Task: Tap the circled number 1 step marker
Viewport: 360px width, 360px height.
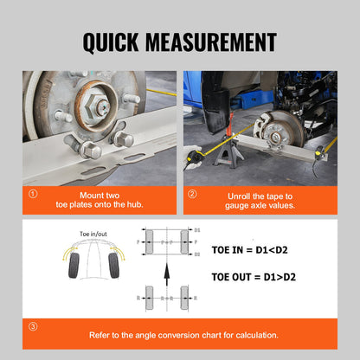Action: (x=32, y=195)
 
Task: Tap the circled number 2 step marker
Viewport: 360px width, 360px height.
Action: (x=192, y=195)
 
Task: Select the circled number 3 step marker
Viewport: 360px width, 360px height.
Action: (x=32, y=326)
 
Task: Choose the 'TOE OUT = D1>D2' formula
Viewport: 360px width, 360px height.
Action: (x=260, y=279)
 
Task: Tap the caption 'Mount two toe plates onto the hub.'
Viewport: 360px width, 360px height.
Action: (x=106, y=200)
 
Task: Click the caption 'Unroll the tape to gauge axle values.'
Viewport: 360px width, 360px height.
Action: (x=266, y=200)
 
